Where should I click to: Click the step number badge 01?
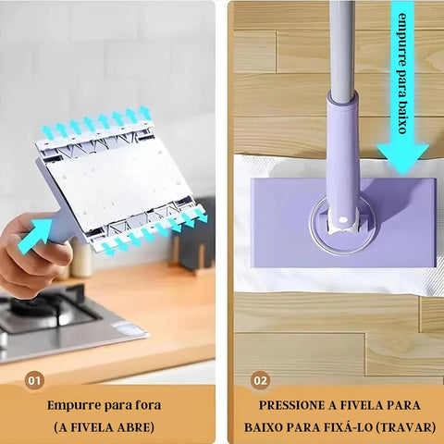pyautogui.click(x=34, y=379)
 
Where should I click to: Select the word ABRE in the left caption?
pyautogui.click(x=141, y=428)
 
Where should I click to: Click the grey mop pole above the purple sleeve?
pyautogui.click(x=341, y=42)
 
